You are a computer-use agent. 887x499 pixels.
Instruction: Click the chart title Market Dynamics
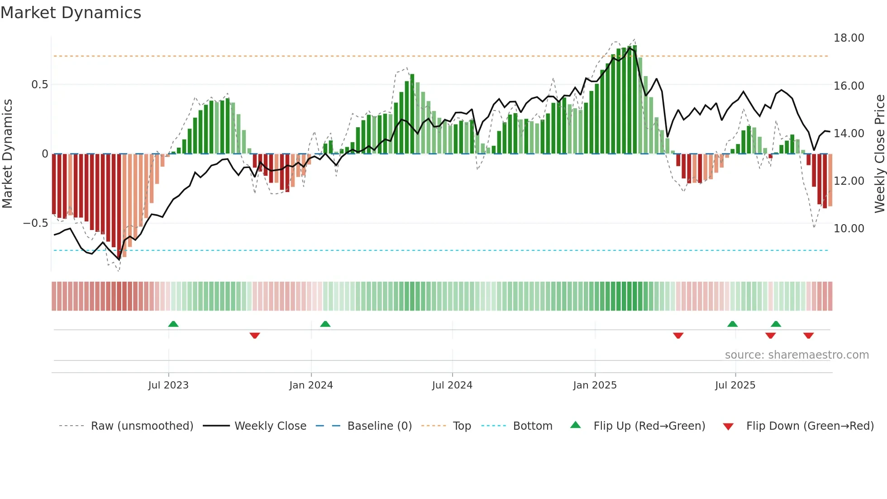(x=71, y=13)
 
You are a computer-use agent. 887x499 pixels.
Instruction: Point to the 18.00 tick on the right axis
(x=849, y=38)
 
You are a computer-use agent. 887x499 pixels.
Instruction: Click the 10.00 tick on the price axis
(x=849, y=229)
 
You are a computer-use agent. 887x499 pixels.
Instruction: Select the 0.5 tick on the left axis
(x=39, y=85)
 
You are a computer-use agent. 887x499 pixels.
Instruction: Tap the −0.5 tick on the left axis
(x=35, y=223)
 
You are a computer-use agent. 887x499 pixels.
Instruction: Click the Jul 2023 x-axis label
(x=168, y=385)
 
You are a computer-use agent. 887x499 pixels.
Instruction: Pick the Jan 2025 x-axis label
(x=595, y=385)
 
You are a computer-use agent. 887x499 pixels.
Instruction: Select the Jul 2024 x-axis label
(x=452, y=385)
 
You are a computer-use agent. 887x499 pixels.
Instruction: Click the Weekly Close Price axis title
(x=879, y=154)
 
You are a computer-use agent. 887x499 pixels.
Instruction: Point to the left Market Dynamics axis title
(x=7, y=154)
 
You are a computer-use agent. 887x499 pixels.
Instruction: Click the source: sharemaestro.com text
(x=796, y=355)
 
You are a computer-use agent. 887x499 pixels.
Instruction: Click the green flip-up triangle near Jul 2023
(x=173, y=324)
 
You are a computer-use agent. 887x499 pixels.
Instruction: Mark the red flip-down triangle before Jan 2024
(x=255, y=336)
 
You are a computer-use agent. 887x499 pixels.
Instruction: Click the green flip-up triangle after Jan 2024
(x=325, y=324)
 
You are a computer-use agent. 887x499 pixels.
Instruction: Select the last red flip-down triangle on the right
(x=809, y=336)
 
